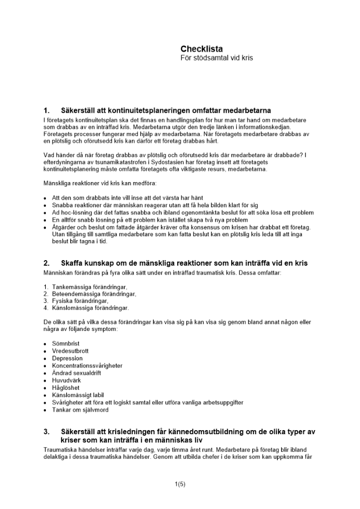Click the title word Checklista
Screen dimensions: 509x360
click(201, 49)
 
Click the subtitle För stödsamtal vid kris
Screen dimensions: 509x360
click(216, 58)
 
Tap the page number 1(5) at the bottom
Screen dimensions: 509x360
click(180, 484)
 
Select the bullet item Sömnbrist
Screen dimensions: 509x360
click(67, 344)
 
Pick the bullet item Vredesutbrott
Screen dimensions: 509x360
click(70, 351)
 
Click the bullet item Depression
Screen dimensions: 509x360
click(67, 358)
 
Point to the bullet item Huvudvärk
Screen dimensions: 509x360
click(66, 380)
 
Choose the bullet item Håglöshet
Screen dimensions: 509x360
click(66, 388)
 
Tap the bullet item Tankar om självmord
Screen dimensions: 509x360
click(80, 410)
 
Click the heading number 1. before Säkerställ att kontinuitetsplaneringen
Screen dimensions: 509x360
click(47, 110)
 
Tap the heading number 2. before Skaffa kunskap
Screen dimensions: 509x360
click(47, 263)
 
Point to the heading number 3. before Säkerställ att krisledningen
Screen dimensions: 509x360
click(47, 432)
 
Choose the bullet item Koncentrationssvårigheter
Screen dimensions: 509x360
click(87, 365)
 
